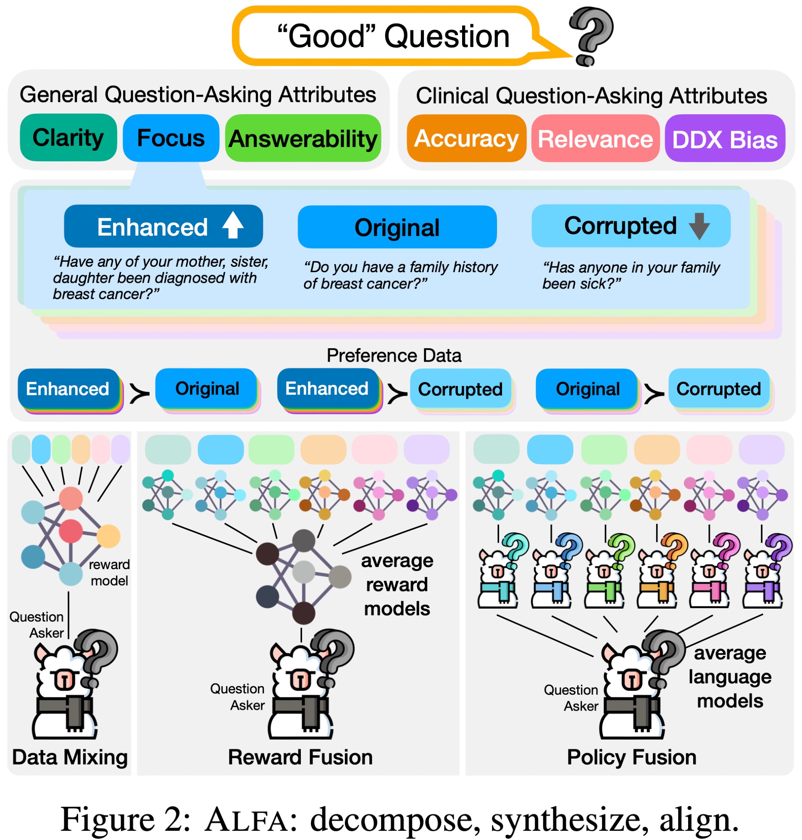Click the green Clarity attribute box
[x=68, y=138]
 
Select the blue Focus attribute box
[x=171, y=138]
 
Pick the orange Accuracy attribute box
[x=466, y=139]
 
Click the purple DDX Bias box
[x=725, y=139]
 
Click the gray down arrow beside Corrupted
[x=699, y=226]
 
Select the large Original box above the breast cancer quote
[x=397, y=227]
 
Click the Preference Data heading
[x=394, y=355]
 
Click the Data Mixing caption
[x=70, y=757]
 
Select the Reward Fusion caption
[x=300, y=757]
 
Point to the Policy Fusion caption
[x=631, y=757]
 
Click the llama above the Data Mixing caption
[x=68, y=688]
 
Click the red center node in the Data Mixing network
[x=71, y=531]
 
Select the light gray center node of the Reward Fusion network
[x=303, y=572]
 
